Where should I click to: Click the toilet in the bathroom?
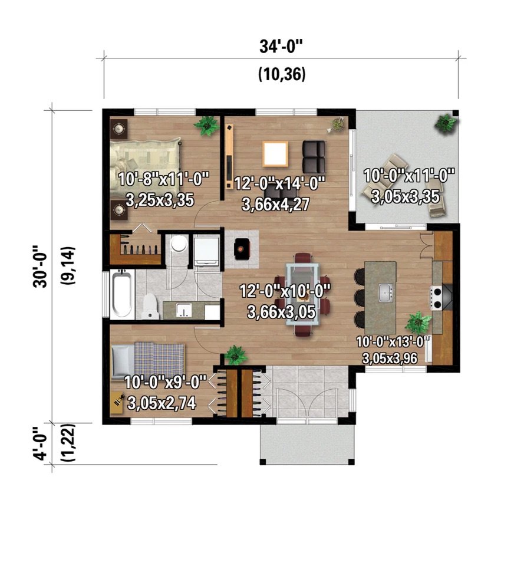[150, 305]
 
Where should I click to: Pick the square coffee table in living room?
[275, 154]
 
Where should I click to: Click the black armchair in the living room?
[314, 156]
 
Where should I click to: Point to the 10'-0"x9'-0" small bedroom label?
[165, 382]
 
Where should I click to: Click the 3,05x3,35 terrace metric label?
[406, 196]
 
